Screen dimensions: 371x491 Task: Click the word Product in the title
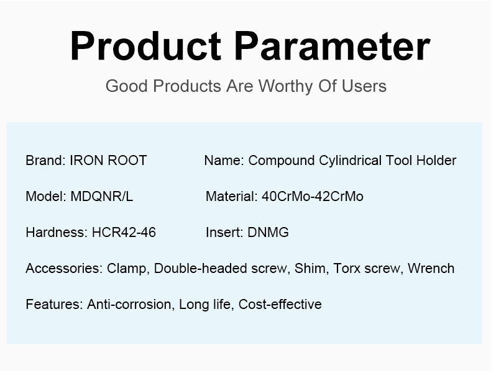(145, 46)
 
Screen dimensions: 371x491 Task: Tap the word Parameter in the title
(333, 46)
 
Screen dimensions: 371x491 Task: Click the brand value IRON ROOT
(108, 161)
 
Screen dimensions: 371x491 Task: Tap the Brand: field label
(45, 161)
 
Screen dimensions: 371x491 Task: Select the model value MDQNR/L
(101, 197)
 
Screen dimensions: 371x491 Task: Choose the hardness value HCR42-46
(124, 233)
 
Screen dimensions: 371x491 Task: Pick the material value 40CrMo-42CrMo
(313, 197)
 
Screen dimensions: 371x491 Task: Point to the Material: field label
(231, 197)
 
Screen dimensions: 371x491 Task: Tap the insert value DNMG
(268, 233)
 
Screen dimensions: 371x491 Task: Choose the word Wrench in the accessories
(431, 269)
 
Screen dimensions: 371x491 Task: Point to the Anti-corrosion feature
(129, 305)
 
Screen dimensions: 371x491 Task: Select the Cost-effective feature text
(280, 305)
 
